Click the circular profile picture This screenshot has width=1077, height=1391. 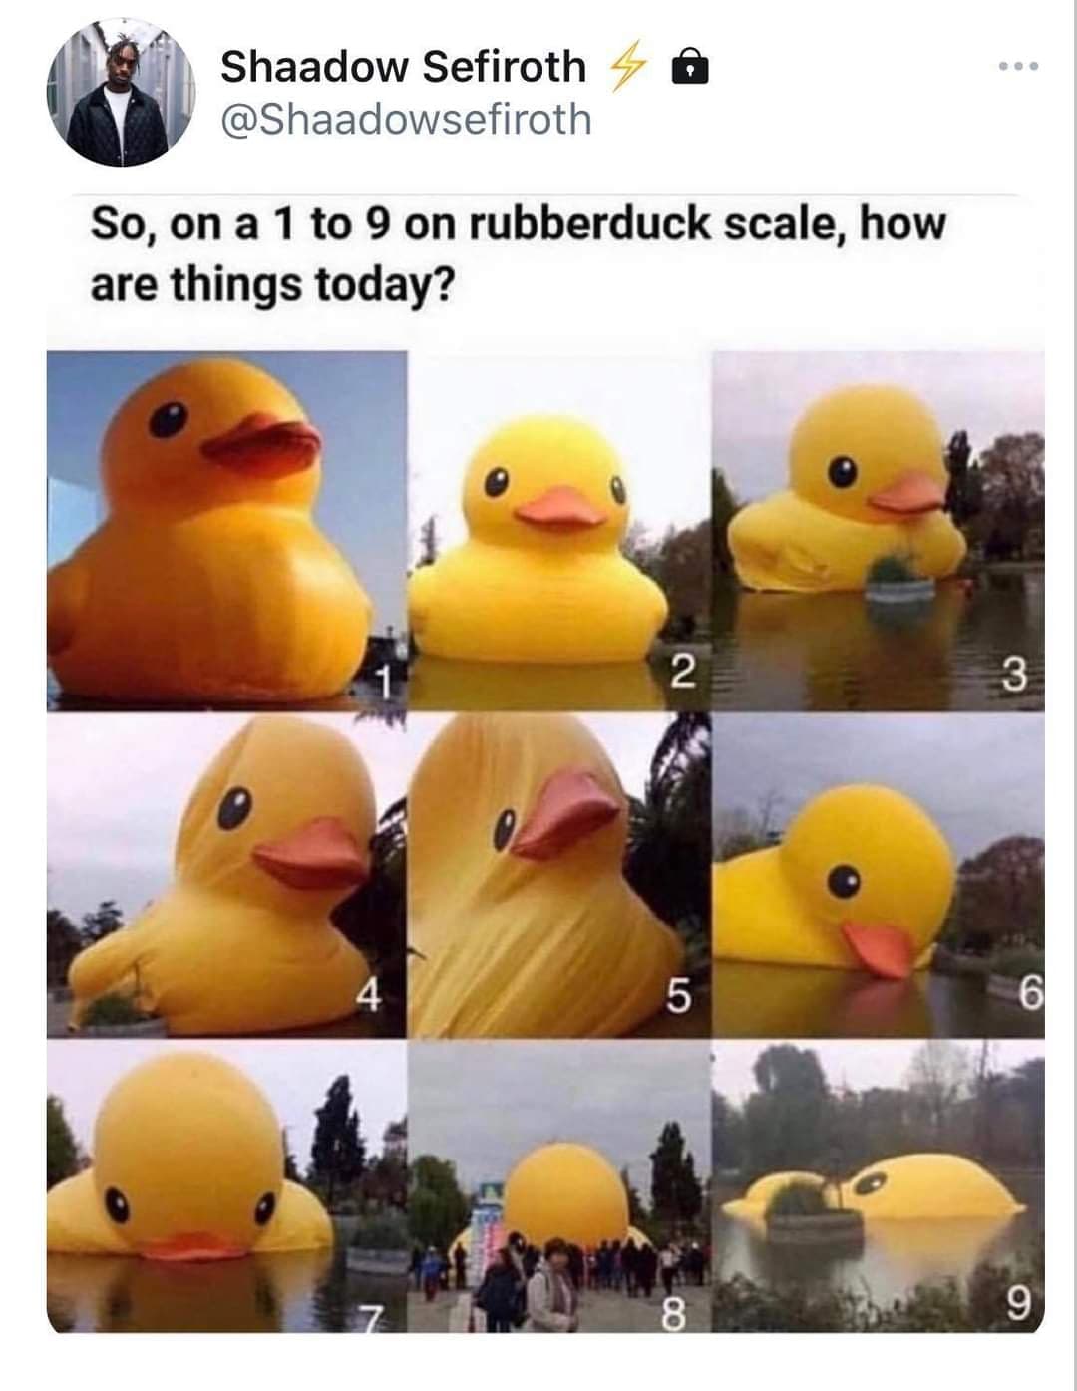tap(121, 92)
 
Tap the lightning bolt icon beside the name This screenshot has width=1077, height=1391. tap(628, 67)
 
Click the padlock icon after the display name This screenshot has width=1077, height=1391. tap(691, 68)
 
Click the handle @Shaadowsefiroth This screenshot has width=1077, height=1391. tap(406, 120)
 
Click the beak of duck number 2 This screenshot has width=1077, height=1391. tap(559, 510)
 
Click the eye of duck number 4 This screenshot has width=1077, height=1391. tap(233, 807)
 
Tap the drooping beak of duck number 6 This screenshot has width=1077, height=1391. tap(879, 949)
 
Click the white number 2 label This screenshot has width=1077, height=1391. tap(682, 674)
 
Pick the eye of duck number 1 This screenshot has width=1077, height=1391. tap(168, 420)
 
